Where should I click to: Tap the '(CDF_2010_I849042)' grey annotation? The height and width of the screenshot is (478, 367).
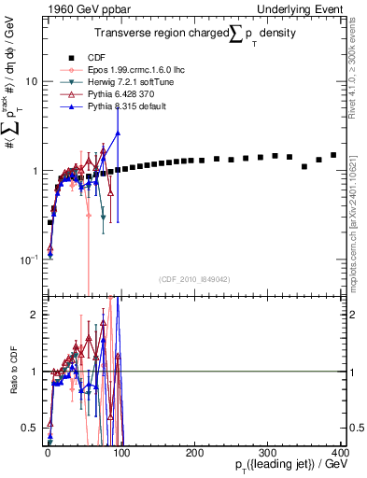tap(195, 279)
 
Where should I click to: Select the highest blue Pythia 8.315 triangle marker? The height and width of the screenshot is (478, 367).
tap(118, 133)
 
